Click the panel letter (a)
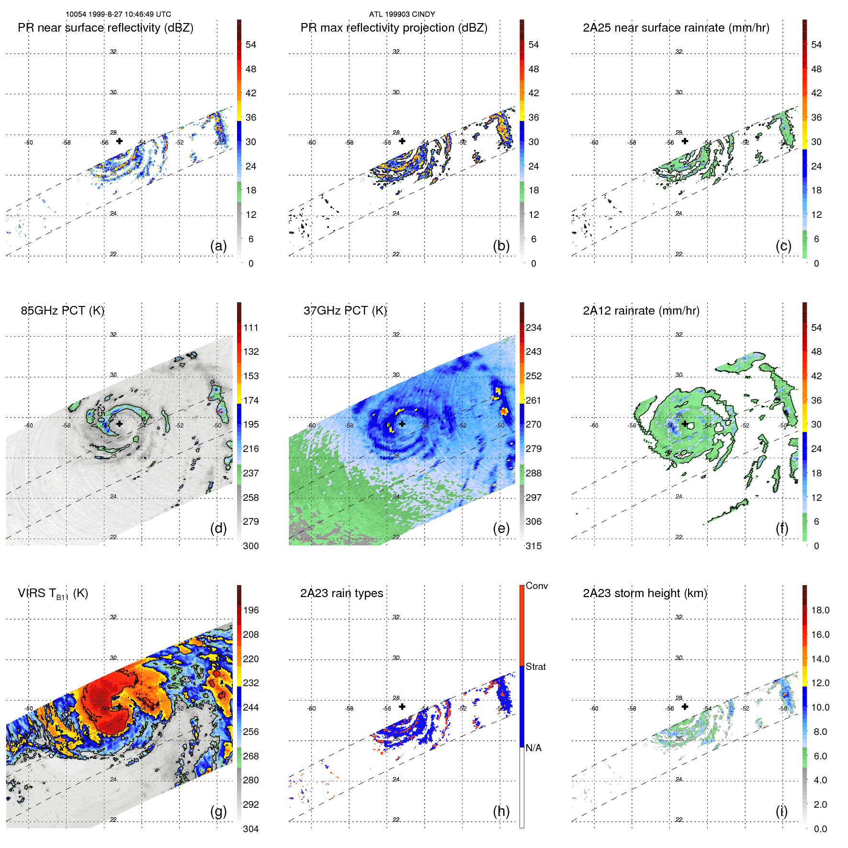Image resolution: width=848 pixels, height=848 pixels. point(218,246)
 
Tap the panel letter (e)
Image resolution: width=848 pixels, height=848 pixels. point(501,528)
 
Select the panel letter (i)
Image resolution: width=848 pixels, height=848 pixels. point(781,811)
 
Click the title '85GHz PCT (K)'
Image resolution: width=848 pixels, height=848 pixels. point(62,310)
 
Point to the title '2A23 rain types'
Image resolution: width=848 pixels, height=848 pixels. point(341,593)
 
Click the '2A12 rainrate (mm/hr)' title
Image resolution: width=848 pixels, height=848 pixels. point(641,310)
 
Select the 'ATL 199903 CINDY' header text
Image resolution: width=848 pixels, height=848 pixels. point(402,14)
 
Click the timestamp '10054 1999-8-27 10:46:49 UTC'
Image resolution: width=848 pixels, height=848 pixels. point(118,14)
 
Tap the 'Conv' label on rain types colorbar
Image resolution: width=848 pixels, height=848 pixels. point(537,586)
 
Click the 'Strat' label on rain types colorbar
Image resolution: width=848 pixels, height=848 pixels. point(536,667)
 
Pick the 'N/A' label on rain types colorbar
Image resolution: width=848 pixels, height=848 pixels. point(533,748)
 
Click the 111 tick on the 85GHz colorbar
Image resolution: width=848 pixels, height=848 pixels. point(250,328)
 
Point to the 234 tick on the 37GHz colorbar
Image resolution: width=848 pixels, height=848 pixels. point(533,328)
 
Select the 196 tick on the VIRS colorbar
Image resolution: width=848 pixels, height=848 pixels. point(250,610)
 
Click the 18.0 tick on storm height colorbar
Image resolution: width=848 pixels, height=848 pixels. point(820,610)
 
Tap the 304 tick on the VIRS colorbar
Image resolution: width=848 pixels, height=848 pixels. point(250,829)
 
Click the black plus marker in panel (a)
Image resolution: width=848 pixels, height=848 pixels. point(119,141)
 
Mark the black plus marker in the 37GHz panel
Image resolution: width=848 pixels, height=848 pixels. point(402,424)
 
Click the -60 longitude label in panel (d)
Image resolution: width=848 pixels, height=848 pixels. point(29,425)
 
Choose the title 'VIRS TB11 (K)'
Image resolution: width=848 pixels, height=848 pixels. point(53,594)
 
